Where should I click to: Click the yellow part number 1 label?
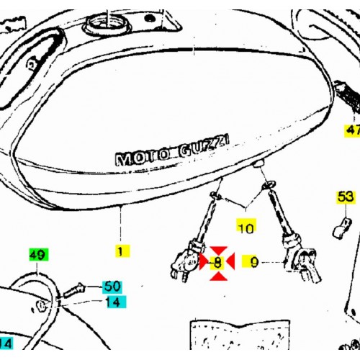122,251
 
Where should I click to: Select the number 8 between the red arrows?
217,263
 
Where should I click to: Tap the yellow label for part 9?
251,261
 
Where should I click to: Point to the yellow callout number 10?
246,226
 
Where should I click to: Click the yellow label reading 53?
346,197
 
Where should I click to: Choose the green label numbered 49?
39,254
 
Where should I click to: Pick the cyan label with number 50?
112,287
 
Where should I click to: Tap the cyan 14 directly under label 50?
116,302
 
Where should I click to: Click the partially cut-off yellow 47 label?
352,130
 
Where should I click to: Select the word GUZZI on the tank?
204,146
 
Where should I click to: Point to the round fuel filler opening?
106,24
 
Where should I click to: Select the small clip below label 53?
342,228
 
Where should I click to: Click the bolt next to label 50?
74,290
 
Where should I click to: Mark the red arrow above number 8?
218,251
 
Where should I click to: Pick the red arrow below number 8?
218,276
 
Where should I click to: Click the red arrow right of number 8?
230,261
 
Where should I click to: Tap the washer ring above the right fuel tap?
269,185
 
